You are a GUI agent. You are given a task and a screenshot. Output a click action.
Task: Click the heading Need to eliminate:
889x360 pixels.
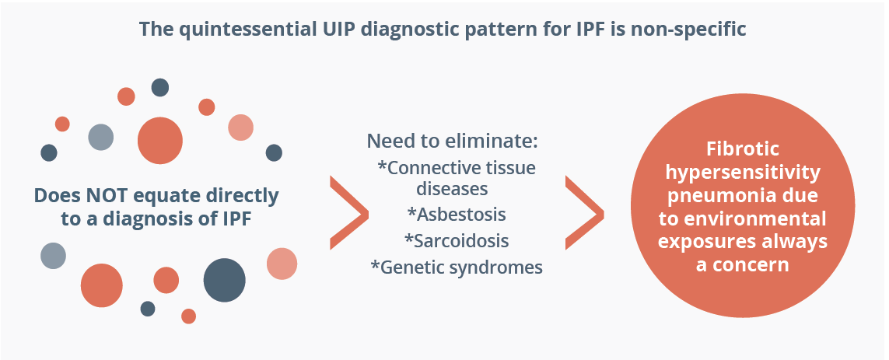[x=452, y=142]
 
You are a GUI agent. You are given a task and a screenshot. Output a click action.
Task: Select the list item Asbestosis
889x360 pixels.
[x=457, y=215]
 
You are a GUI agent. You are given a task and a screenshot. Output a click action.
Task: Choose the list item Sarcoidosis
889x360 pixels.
[x=457, y=240]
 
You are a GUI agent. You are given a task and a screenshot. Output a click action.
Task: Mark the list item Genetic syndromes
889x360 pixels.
[x=457, y=267]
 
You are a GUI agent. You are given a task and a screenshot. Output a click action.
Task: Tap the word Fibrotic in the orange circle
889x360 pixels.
[x=743, y=149]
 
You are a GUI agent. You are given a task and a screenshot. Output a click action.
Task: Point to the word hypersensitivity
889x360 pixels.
[x=743, y=173]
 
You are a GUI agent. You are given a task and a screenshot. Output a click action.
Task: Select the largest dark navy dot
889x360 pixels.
[x=225, y=280]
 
